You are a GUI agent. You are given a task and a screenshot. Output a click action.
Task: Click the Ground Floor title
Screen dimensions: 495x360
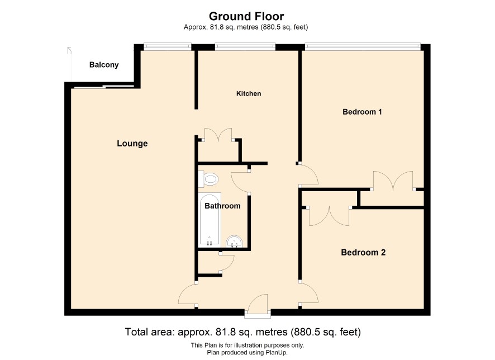tap(246, 16)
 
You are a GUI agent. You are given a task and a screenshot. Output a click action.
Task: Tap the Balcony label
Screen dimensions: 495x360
tap(104, 65)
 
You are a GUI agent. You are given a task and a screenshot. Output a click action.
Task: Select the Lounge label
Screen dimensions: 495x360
tap(132, 143)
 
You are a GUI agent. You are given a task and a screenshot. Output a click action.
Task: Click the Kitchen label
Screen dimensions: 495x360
tap(249, 93)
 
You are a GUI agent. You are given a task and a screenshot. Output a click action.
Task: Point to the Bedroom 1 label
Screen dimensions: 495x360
tap(362, 111)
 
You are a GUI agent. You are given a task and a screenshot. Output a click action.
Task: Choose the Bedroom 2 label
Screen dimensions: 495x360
tap(363, 252)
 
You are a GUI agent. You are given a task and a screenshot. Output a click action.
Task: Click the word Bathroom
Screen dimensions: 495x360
tap(222, 206)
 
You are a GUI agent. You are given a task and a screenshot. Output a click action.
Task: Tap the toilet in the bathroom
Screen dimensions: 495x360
tap(208, 179)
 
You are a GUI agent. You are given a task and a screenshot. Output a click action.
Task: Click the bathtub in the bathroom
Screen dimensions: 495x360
tap(210, 220)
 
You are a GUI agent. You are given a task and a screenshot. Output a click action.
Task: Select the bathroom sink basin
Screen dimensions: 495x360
tap(234, 242)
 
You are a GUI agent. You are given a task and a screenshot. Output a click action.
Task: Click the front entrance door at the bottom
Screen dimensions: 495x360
tap(258, 304)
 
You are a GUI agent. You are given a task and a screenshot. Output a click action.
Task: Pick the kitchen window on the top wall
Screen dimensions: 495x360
tap(245, 47)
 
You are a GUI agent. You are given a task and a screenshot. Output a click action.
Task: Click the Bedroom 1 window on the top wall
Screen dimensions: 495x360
tap(363, 47)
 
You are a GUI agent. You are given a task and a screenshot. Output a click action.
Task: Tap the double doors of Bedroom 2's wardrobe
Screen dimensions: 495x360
tap(329, 216)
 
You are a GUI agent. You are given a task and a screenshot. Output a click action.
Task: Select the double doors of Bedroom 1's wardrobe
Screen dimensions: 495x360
tap(393, 181)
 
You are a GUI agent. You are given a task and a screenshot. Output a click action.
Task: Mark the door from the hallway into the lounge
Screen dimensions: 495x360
tap(188, 294)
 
